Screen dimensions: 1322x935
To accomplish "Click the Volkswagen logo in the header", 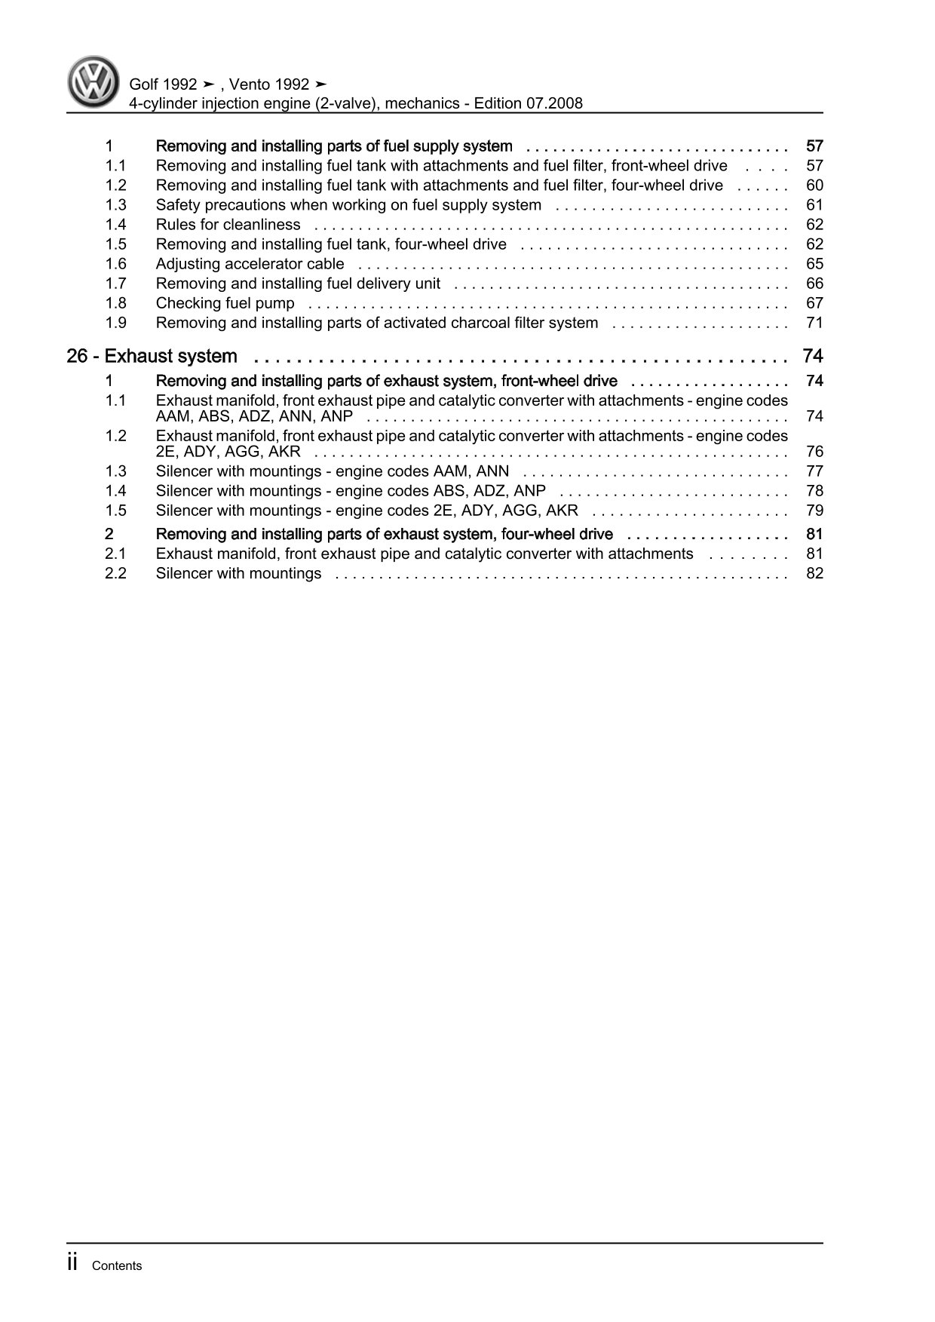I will pyautogui.click(x=93, y=81).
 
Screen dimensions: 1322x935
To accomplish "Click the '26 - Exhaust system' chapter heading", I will pyautogui.click(x=152, y=356).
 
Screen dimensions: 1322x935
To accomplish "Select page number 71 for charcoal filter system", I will pyautogui.click(x=814, y=323).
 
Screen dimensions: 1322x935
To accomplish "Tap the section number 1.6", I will pyautogui.click(x=115, y=264).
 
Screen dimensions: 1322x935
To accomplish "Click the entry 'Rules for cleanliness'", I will pyautogui.click(x=228, y=225).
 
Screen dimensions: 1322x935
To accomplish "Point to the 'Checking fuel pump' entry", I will pyautogui.click(x=225, y=303).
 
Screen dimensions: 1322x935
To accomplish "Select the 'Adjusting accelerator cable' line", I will pyautogui.click(x=250, y=264).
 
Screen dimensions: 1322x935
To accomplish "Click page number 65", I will pyautogui.click(x=814, y=264).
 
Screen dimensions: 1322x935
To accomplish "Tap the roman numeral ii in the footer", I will pyautogui.click(x=72, y=1263).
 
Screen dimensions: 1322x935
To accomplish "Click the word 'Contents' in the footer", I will pyautogui.click(x=116, y=1265).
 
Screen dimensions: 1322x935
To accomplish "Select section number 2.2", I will pyautogui.click(x=115, y=573).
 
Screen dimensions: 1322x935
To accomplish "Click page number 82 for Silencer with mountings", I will pyautogui.click(x=814, y=573).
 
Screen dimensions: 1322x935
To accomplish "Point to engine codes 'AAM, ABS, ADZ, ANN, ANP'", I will pyautogui.click(x=254, y=416).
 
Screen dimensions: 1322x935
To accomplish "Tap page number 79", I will pyautogui.click(x=814, y=511).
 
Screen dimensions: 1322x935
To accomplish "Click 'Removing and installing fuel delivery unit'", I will pyautogui.click(x=298, y=284).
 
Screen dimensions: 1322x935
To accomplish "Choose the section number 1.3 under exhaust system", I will pyautogui.click(x=115, y=471).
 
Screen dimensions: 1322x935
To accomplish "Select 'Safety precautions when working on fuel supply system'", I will pyautogui.click(x=348, y=205).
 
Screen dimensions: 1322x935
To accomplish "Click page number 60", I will pyautogui.click(x=814, y=186).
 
